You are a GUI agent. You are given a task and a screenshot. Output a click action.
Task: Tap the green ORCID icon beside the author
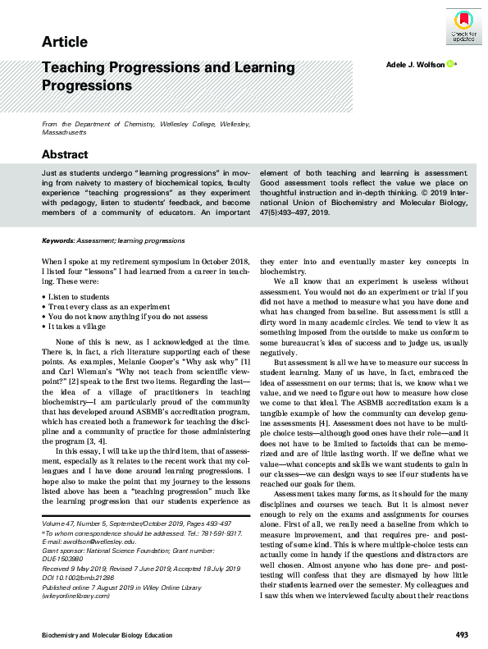452,64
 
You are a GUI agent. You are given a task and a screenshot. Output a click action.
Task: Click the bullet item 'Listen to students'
80,294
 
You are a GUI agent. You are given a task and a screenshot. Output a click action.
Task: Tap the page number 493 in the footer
462,635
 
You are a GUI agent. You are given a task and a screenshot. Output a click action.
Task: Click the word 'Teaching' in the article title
75,71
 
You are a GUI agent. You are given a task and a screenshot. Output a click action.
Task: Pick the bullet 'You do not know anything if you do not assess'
125,315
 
